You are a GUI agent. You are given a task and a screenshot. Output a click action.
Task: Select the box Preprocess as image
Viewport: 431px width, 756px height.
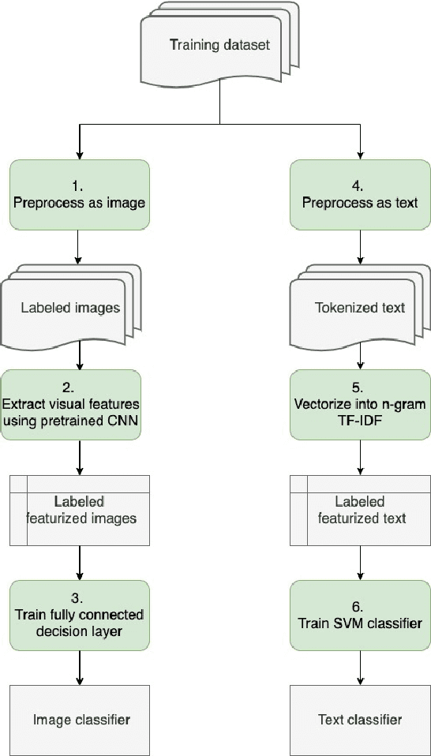79,195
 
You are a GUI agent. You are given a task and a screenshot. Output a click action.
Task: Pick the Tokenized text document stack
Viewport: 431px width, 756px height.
359,308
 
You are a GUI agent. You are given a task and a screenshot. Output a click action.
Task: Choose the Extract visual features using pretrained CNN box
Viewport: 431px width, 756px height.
79,405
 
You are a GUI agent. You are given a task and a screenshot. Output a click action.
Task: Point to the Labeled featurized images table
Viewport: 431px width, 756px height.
79,511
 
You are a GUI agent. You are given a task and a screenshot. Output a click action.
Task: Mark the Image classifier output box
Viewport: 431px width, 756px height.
79,719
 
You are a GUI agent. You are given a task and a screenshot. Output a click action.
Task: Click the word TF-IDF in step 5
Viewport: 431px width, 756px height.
359,419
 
